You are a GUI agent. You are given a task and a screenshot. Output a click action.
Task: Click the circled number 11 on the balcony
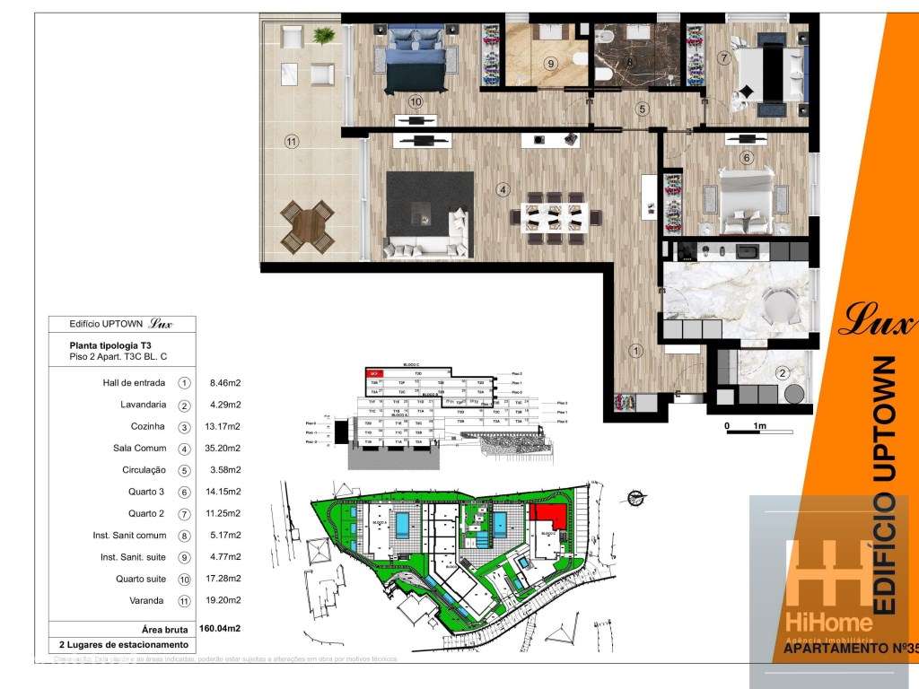[x=290, y=141]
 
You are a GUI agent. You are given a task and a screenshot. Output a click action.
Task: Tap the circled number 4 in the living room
[x=503, y=189]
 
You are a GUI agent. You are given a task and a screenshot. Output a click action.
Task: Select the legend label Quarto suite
[x=137, y=579]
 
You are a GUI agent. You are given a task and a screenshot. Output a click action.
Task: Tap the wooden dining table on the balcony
[x=305, y=227]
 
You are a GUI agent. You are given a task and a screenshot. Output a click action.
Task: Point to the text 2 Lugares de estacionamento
[x=123, y=645]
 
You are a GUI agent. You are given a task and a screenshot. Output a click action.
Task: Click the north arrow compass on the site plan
[x=636, y=493]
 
